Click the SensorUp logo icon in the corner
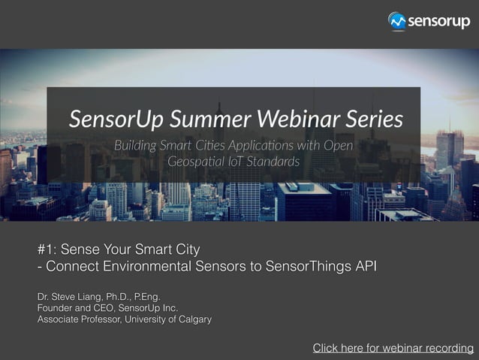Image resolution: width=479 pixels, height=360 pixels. pos(397,21)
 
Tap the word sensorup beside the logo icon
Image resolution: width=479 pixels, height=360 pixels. pos(438,21)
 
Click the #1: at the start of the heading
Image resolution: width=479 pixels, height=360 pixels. pos(47,249)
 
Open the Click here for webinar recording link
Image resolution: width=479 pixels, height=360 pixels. pos(393,348)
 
